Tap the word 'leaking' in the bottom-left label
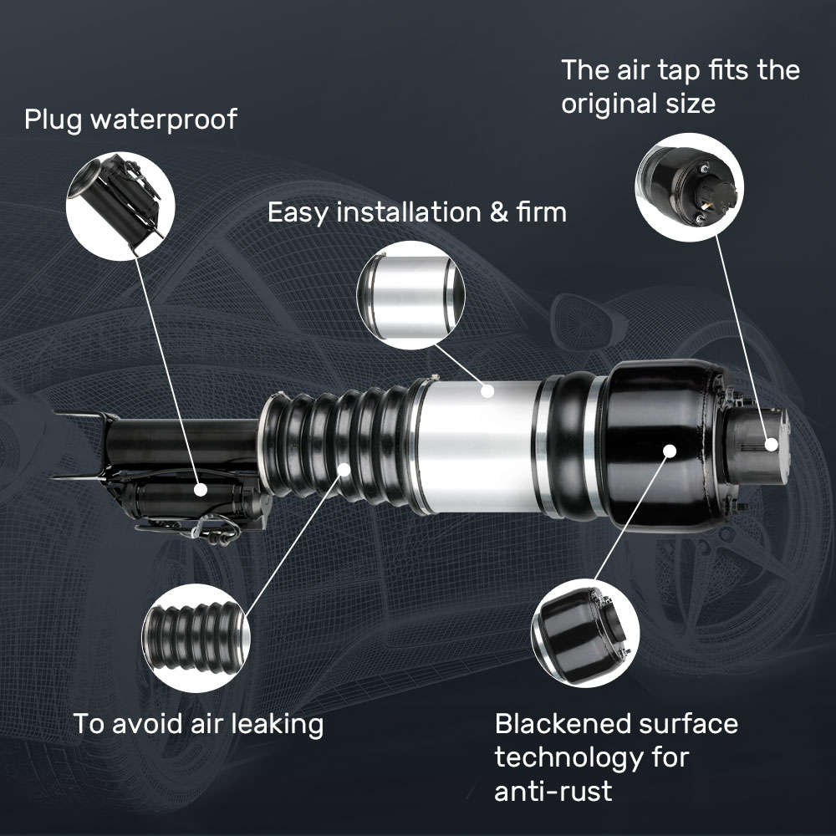pos(273,724)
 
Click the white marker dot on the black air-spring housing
pos(670,451)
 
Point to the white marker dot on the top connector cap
pos(772,445)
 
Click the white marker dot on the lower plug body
pos(201,489)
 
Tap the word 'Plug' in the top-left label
pos(54,120)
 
